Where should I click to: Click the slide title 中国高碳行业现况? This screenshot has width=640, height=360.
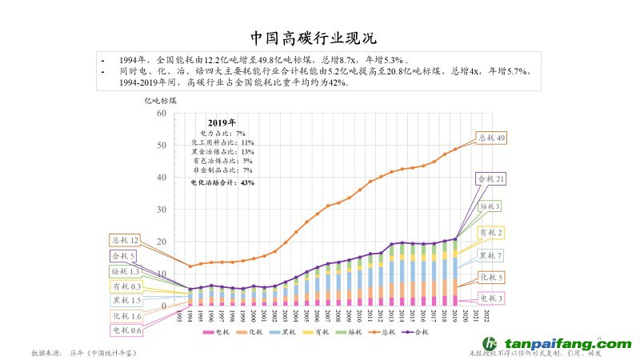click(313, 38)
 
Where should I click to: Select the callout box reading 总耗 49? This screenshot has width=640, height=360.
click(491, 138)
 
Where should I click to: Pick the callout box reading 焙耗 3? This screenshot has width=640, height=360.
click(490, 206)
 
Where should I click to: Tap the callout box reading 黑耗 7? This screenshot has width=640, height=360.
click(490, 256)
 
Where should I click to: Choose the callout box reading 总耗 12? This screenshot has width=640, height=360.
click(126, 240)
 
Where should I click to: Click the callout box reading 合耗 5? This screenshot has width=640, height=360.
click(123, 256)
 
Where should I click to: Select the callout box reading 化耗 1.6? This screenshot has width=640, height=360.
click(126, 316)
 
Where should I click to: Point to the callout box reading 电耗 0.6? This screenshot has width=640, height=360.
click(126, 330)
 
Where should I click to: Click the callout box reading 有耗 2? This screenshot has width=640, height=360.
click(490, 232)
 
